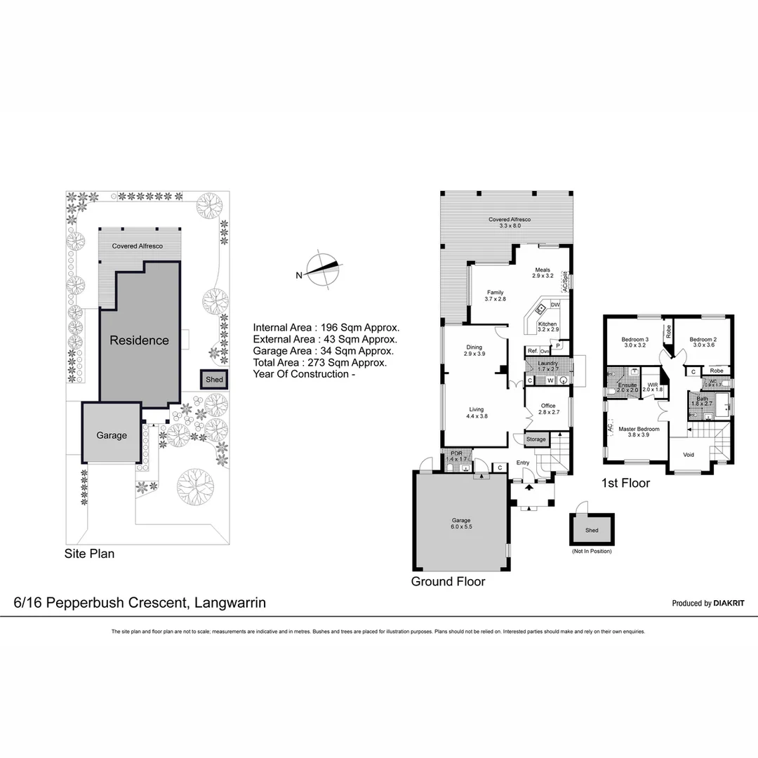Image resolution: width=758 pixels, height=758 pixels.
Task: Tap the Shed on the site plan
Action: pyautogui.click(x=214, y=380)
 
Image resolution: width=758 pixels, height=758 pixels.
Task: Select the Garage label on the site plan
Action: pyautogui.click(x=112, y=435)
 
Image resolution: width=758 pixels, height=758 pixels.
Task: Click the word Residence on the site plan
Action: pyautogui.click(x=139, y=340)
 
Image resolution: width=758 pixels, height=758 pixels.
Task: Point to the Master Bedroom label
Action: pyautogui.click(x=639, y=429)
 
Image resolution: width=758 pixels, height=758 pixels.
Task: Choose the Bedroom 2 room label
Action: pyautogui.click(x=703, y=339)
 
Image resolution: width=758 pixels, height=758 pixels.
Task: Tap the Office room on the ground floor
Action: pyautogui.click(x=547, y=406)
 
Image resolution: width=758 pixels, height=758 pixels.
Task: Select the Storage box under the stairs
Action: pyautogui.click(x=536, y=439)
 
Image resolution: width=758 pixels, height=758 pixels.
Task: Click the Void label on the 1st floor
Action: pyautogui.click(x=689, y=455)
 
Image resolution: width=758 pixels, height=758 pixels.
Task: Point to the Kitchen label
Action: pyautogui.click(x=547, y=324)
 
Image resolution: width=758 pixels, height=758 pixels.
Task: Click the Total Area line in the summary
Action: pyautogui.click(x=319, y=363)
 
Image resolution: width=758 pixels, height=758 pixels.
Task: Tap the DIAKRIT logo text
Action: pyautogui.click(x=729, y=603)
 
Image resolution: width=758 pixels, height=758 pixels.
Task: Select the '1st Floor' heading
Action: pyautogui.click(x=626, y=483)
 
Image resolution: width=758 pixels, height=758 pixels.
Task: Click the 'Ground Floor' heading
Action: pyautogui.click(x=448, y=581)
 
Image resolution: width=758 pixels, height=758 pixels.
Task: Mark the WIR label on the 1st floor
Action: pyautogui.click(x=652, y=385)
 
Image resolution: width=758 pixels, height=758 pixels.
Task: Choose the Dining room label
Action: pyautogui.click(x=474, y=347)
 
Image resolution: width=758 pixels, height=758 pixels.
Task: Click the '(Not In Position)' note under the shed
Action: pyautogui.click(x=592, y=551)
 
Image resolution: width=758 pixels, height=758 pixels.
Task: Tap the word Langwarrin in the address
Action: pyautogui.click(x=230, y=602)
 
